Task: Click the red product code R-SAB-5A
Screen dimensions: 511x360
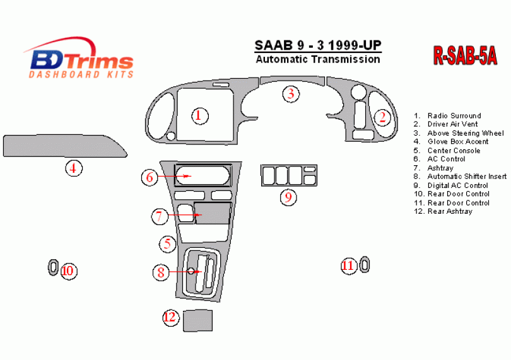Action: (465, 55)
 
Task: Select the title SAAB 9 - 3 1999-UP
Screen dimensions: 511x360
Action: (318, 45)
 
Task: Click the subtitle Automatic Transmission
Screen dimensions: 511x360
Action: (318, 59)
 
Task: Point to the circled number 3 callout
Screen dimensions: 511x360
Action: (291, 94)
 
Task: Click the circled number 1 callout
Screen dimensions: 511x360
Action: (199, 116)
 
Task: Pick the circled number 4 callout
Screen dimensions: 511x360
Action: (74, 168)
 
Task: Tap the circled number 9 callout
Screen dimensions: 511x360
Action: (288, 197)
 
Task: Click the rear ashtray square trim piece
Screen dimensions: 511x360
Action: (197, 320)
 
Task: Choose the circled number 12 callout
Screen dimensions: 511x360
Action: (171, 317)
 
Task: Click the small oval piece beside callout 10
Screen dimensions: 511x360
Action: (53, 267)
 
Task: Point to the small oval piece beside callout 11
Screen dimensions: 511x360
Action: (365, 265)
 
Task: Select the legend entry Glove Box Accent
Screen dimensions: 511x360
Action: (451, 142)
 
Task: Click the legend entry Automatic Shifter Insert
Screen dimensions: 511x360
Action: (460, 177)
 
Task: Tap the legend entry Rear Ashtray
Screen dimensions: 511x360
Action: (443, 211)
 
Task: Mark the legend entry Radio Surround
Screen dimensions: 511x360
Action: (447, 115)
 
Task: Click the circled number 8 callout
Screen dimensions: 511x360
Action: (161, 272)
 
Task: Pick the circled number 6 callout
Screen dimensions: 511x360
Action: (150, 177)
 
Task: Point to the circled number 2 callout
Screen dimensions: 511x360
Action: (382, 117)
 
